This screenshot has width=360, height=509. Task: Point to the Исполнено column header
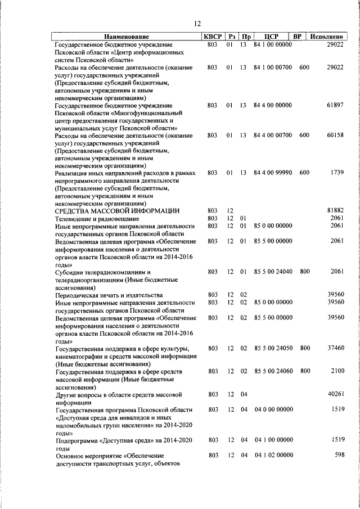(327, 37)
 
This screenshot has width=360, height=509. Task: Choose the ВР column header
(298, 37)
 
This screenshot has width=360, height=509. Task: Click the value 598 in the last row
(339, 455)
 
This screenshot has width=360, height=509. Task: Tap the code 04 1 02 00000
(273, 455)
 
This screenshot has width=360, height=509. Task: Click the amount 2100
(337, 371)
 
